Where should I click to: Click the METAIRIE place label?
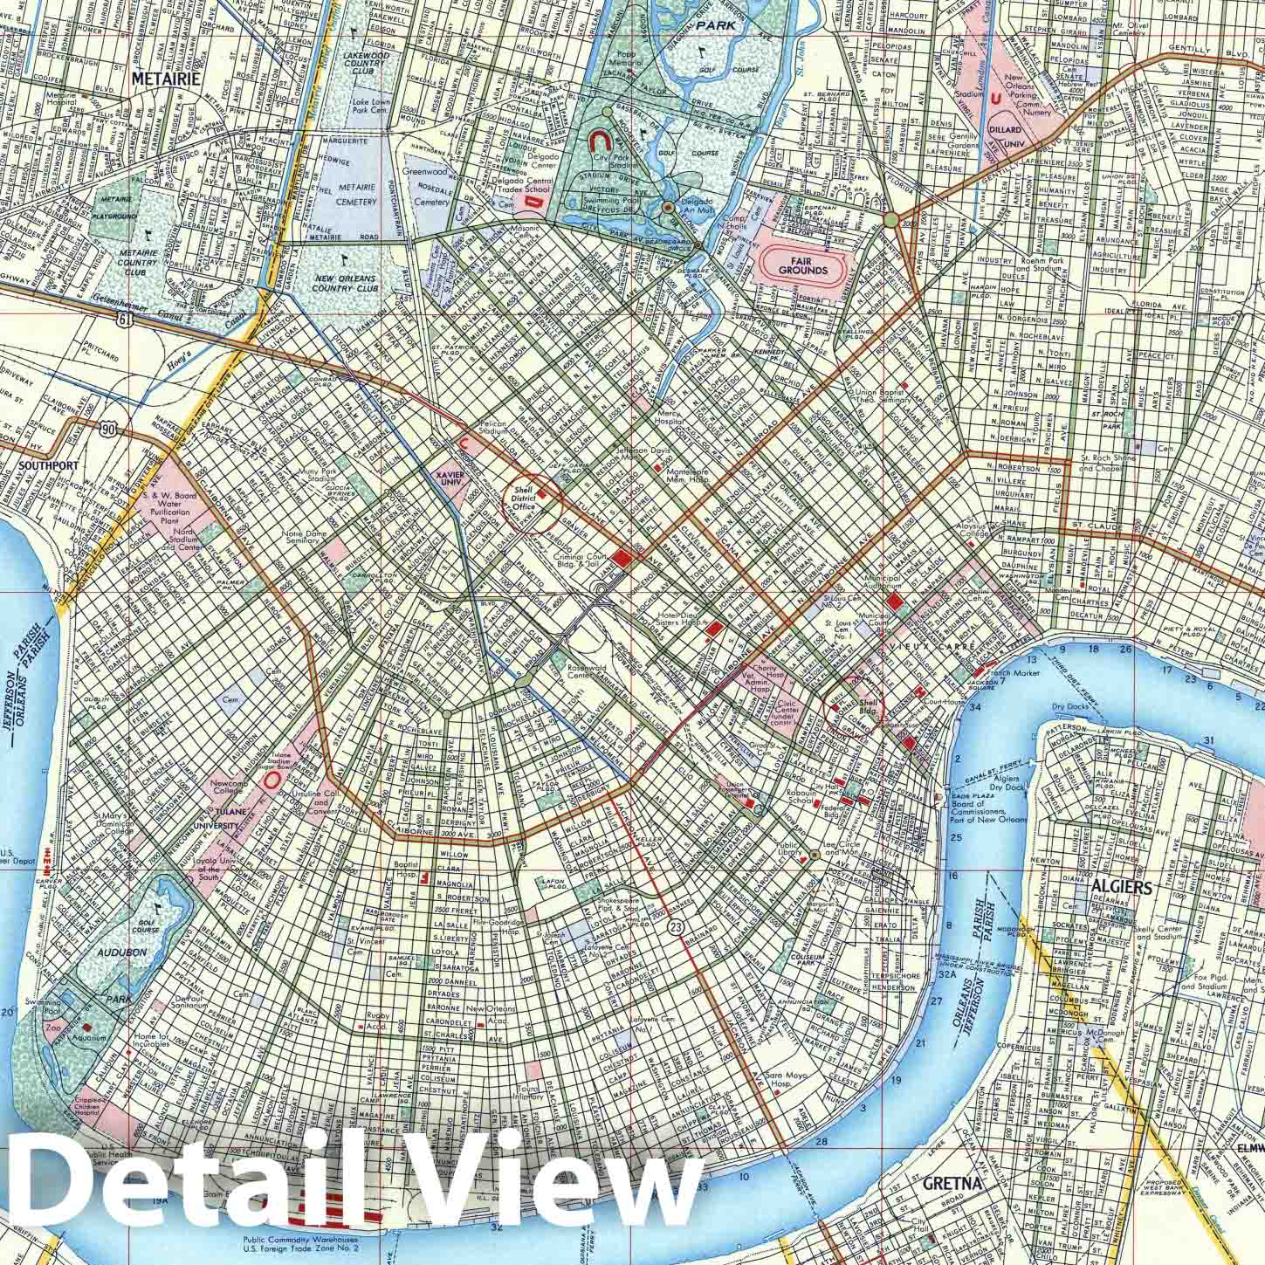[x=165, y=78]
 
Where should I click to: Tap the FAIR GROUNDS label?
[x=803, y=265]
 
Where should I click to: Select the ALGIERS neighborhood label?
[x=1122, y=888]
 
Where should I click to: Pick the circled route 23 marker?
[x=674, y=925]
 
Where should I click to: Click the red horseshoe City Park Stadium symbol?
[x=600, y=141]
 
